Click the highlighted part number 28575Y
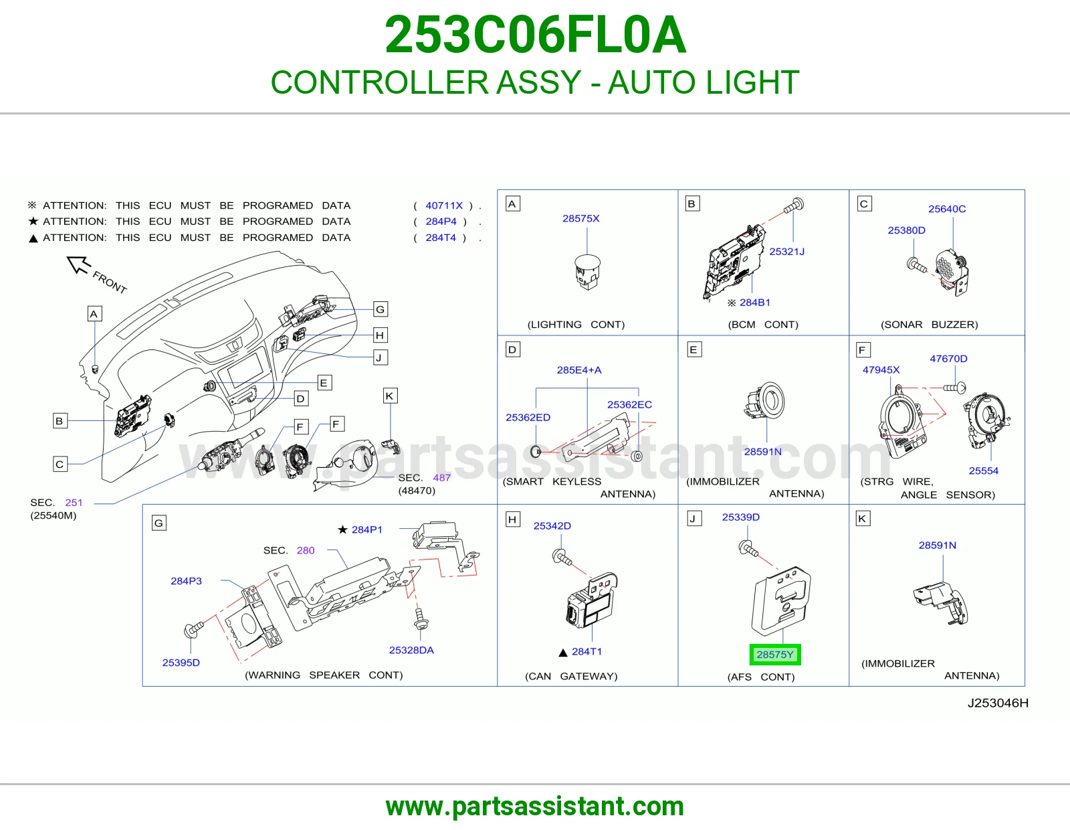click(774, 655)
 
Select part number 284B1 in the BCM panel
click(754, 303)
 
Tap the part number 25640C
click(946, 209)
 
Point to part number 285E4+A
click(579, 370)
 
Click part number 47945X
click(881, 369)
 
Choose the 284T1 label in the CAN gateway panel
click(586, 651)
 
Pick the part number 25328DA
click(411, 650)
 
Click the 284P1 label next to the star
click(367, 530)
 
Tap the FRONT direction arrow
click(79, 264)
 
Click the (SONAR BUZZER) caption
click(929, 325)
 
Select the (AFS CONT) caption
click(761, 677)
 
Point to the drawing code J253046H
click(998, 703)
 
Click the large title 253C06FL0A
click(535, 35)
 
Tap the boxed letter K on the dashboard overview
click(390, 396)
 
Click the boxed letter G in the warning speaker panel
click(158, 523)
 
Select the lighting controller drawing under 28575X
click(587, 272)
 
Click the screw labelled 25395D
click(194, 629)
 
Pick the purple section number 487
click(441, 478)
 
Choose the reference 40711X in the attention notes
click(443, 205)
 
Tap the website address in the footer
click(535, 807)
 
